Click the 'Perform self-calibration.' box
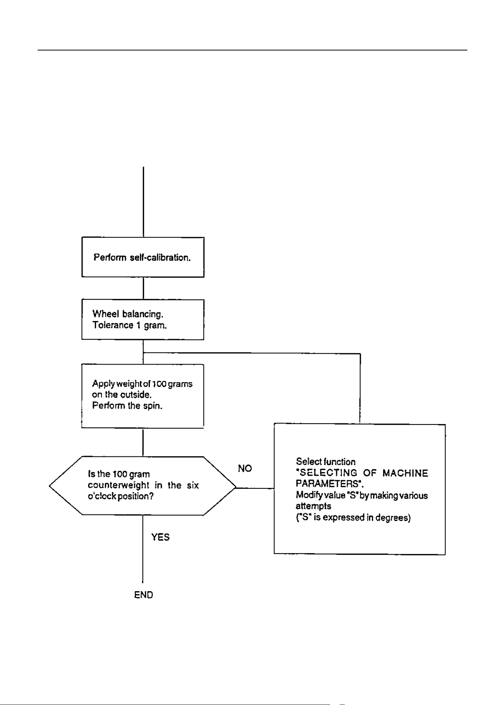143,257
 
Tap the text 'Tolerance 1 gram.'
130,325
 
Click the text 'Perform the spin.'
127,406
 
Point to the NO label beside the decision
245,468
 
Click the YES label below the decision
161,537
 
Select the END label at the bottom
144,595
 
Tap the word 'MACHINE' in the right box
406,473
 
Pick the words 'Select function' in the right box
326,462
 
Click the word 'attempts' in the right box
313,507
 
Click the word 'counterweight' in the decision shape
119,485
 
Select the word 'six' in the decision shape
193,485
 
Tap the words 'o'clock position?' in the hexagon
121,496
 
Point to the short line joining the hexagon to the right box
255,488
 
